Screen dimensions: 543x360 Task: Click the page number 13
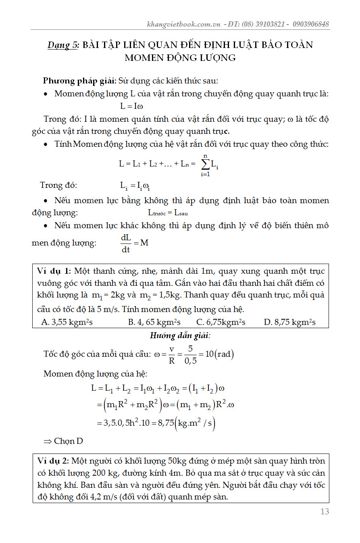(x=325, y=512)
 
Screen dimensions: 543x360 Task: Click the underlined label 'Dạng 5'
(x=63, y=45)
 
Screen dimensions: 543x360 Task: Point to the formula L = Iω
(x=132, y=106)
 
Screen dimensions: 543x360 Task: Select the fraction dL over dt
(x=126, y=243)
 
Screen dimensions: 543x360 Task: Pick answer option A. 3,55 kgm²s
(x=67, y=322)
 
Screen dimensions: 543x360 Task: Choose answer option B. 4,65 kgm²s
(x=154, y=322)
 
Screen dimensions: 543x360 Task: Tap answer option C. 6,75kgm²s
(x=221, y=322)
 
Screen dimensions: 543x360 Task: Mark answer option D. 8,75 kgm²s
(x=289, y=322)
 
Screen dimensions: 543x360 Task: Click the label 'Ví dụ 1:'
(x=54, y=270)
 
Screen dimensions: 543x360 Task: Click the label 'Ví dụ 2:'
(x=54, y=461)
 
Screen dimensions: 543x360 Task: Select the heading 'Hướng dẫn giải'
(x=180, y=335)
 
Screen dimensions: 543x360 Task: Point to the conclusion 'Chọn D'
(x=64, y=441)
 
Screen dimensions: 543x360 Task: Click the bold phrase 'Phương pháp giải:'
(x=80, y=81)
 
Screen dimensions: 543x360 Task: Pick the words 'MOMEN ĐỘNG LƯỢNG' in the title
(x=180, y=58)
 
